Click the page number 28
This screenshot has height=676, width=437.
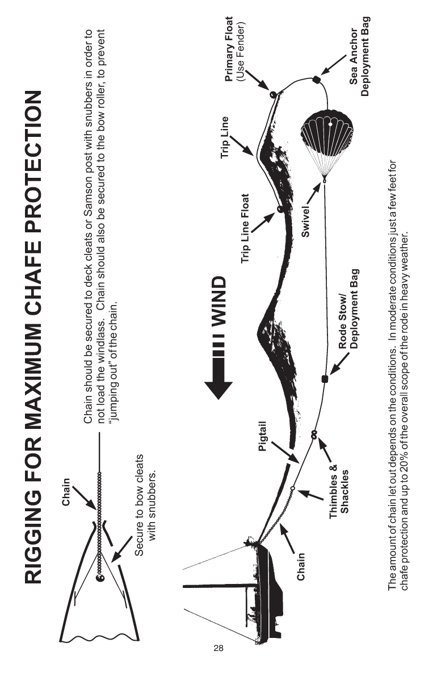218,648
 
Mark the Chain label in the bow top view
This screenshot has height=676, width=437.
66,491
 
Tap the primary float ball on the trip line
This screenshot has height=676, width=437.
272,94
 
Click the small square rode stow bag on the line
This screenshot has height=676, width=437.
325,379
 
